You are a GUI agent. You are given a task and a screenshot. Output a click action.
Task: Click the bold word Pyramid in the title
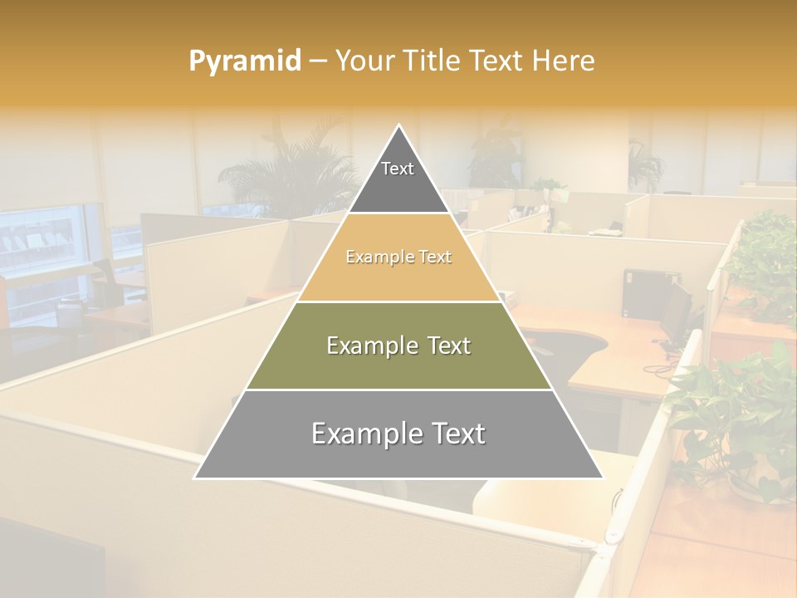click(x=245, y=61)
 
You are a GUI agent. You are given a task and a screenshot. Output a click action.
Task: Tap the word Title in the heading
click(x=432, y=61)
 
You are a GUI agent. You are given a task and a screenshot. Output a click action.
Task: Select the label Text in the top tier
click(x=398, y=169)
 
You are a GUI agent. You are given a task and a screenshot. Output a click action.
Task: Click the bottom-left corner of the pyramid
click(x=196, y=478)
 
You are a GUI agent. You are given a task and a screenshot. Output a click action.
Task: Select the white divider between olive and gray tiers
click(x=398, y=390)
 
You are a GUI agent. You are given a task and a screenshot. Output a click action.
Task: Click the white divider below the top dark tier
click(x=398, y=213)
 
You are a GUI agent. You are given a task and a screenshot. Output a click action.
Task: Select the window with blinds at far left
click(x=42, y=245)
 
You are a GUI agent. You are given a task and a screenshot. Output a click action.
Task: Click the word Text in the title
click(x=498, y=61)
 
